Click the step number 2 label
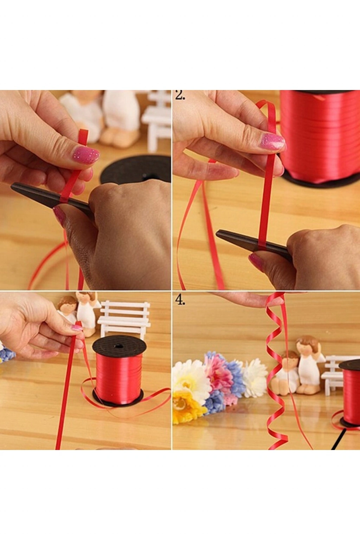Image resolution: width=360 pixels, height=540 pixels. pos(180,96)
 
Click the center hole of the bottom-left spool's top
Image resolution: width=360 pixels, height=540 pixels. pos(118,346)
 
